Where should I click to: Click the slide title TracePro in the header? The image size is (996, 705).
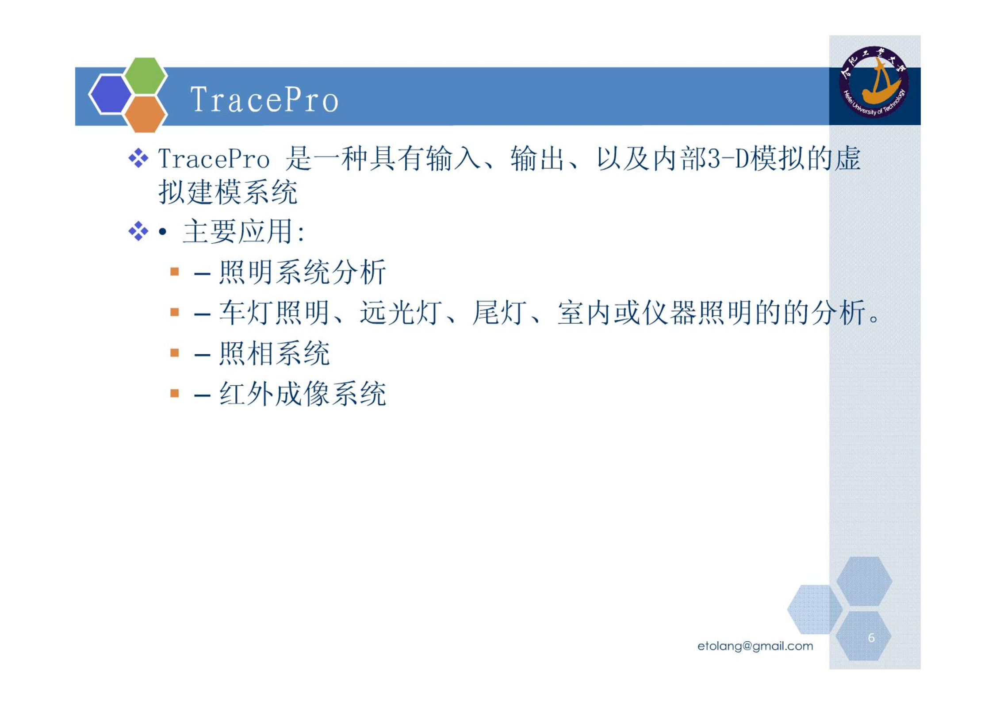[264, 100]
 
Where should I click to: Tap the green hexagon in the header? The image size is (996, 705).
[146, 76]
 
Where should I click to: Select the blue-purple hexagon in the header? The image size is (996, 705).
[111, 94]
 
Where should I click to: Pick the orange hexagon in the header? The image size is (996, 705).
[145, 114]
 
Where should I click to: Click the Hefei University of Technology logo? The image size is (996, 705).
[874, 82]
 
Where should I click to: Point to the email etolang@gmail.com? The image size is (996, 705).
[755, 646]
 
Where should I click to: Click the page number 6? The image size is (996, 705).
[871, 637]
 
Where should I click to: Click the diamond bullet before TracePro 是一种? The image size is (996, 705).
[138, 158]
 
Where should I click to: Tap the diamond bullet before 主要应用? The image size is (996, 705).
[138, 231]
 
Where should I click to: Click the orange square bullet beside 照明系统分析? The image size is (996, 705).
[175, 271]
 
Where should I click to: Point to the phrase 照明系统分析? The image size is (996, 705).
[303, 272]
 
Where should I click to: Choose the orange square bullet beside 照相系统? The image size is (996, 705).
[175, 352]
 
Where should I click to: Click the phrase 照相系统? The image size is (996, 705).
[274, 353]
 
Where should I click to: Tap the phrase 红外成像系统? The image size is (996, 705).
[303, 394]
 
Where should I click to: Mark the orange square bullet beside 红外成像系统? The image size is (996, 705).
[175, 393]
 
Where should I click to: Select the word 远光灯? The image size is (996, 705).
[401, 312]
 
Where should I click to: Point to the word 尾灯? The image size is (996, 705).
[499, 312]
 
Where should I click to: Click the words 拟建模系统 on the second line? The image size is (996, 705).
[228, 192]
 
